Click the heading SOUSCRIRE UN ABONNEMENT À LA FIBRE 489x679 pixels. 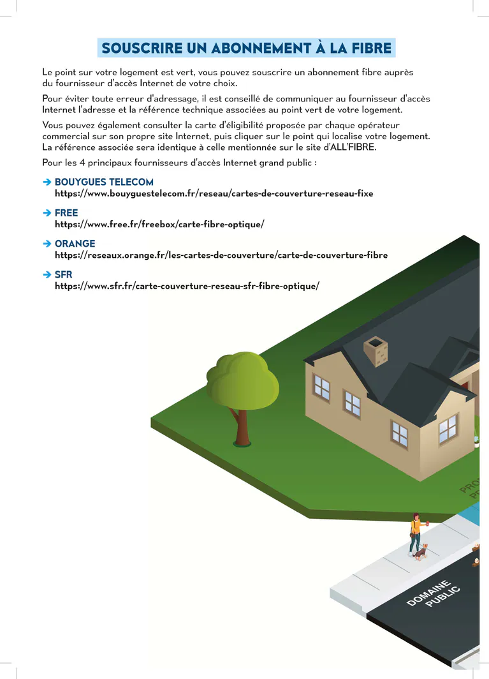pos(246,48)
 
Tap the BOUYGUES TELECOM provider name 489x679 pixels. pos(104,182)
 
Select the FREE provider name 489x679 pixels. pos(66,213)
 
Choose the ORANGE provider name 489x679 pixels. pos(75,243)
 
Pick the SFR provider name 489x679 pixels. pos(64,274)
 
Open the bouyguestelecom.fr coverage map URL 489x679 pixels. pos(214,193)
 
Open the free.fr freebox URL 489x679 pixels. pos(159,224)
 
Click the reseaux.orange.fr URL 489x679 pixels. pos(221,255)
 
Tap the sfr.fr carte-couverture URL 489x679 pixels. pos(186,286)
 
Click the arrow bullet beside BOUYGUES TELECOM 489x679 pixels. pos(47,182)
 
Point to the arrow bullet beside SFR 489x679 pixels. pos(47,274)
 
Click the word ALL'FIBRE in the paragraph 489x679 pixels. pos(352,147)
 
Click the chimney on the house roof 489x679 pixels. pos(376,351)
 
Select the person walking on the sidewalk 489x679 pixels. pos(416,533)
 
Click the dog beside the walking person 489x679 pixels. pos(421,551)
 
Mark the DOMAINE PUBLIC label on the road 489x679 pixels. pos(434,593)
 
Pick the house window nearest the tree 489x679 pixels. pos(321,387)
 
